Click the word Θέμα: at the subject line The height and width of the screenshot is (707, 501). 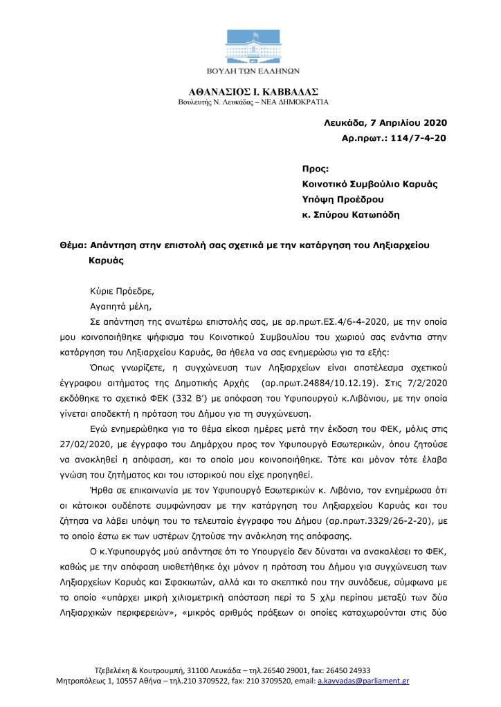(x=74, y=245)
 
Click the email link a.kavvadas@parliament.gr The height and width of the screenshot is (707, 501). (x=363, y=681)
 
